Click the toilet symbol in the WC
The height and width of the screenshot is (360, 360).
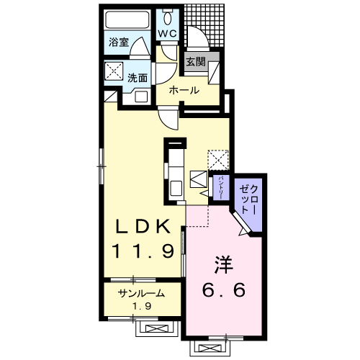(168, 17)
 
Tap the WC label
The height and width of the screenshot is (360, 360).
(168, 34)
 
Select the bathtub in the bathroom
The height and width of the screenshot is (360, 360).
(127, 19)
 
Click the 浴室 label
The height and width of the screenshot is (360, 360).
(119, 42)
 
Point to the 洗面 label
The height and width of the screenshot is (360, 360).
(138, 78)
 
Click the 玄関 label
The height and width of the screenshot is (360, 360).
(196, 62)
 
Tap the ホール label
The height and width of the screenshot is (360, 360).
(184, 91)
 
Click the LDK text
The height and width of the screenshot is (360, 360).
(143, 227)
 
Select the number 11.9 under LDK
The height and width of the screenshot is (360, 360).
(143, 251)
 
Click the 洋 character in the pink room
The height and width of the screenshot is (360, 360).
(224, 265)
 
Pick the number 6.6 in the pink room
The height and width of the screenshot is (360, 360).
(224, 289)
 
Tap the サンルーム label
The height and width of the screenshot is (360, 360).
(141, 293)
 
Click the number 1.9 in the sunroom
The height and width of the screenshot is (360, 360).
(142, 306)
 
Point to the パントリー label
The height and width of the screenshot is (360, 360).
(221, 188)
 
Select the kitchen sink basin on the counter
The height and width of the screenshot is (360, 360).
(176, 189)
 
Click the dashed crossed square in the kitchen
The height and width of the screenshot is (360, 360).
(218, 160)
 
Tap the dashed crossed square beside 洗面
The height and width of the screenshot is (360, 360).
(114, 71)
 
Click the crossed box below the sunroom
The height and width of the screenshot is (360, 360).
(156, 328)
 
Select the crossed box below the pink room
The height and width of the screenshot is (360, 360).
(210, 348)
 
